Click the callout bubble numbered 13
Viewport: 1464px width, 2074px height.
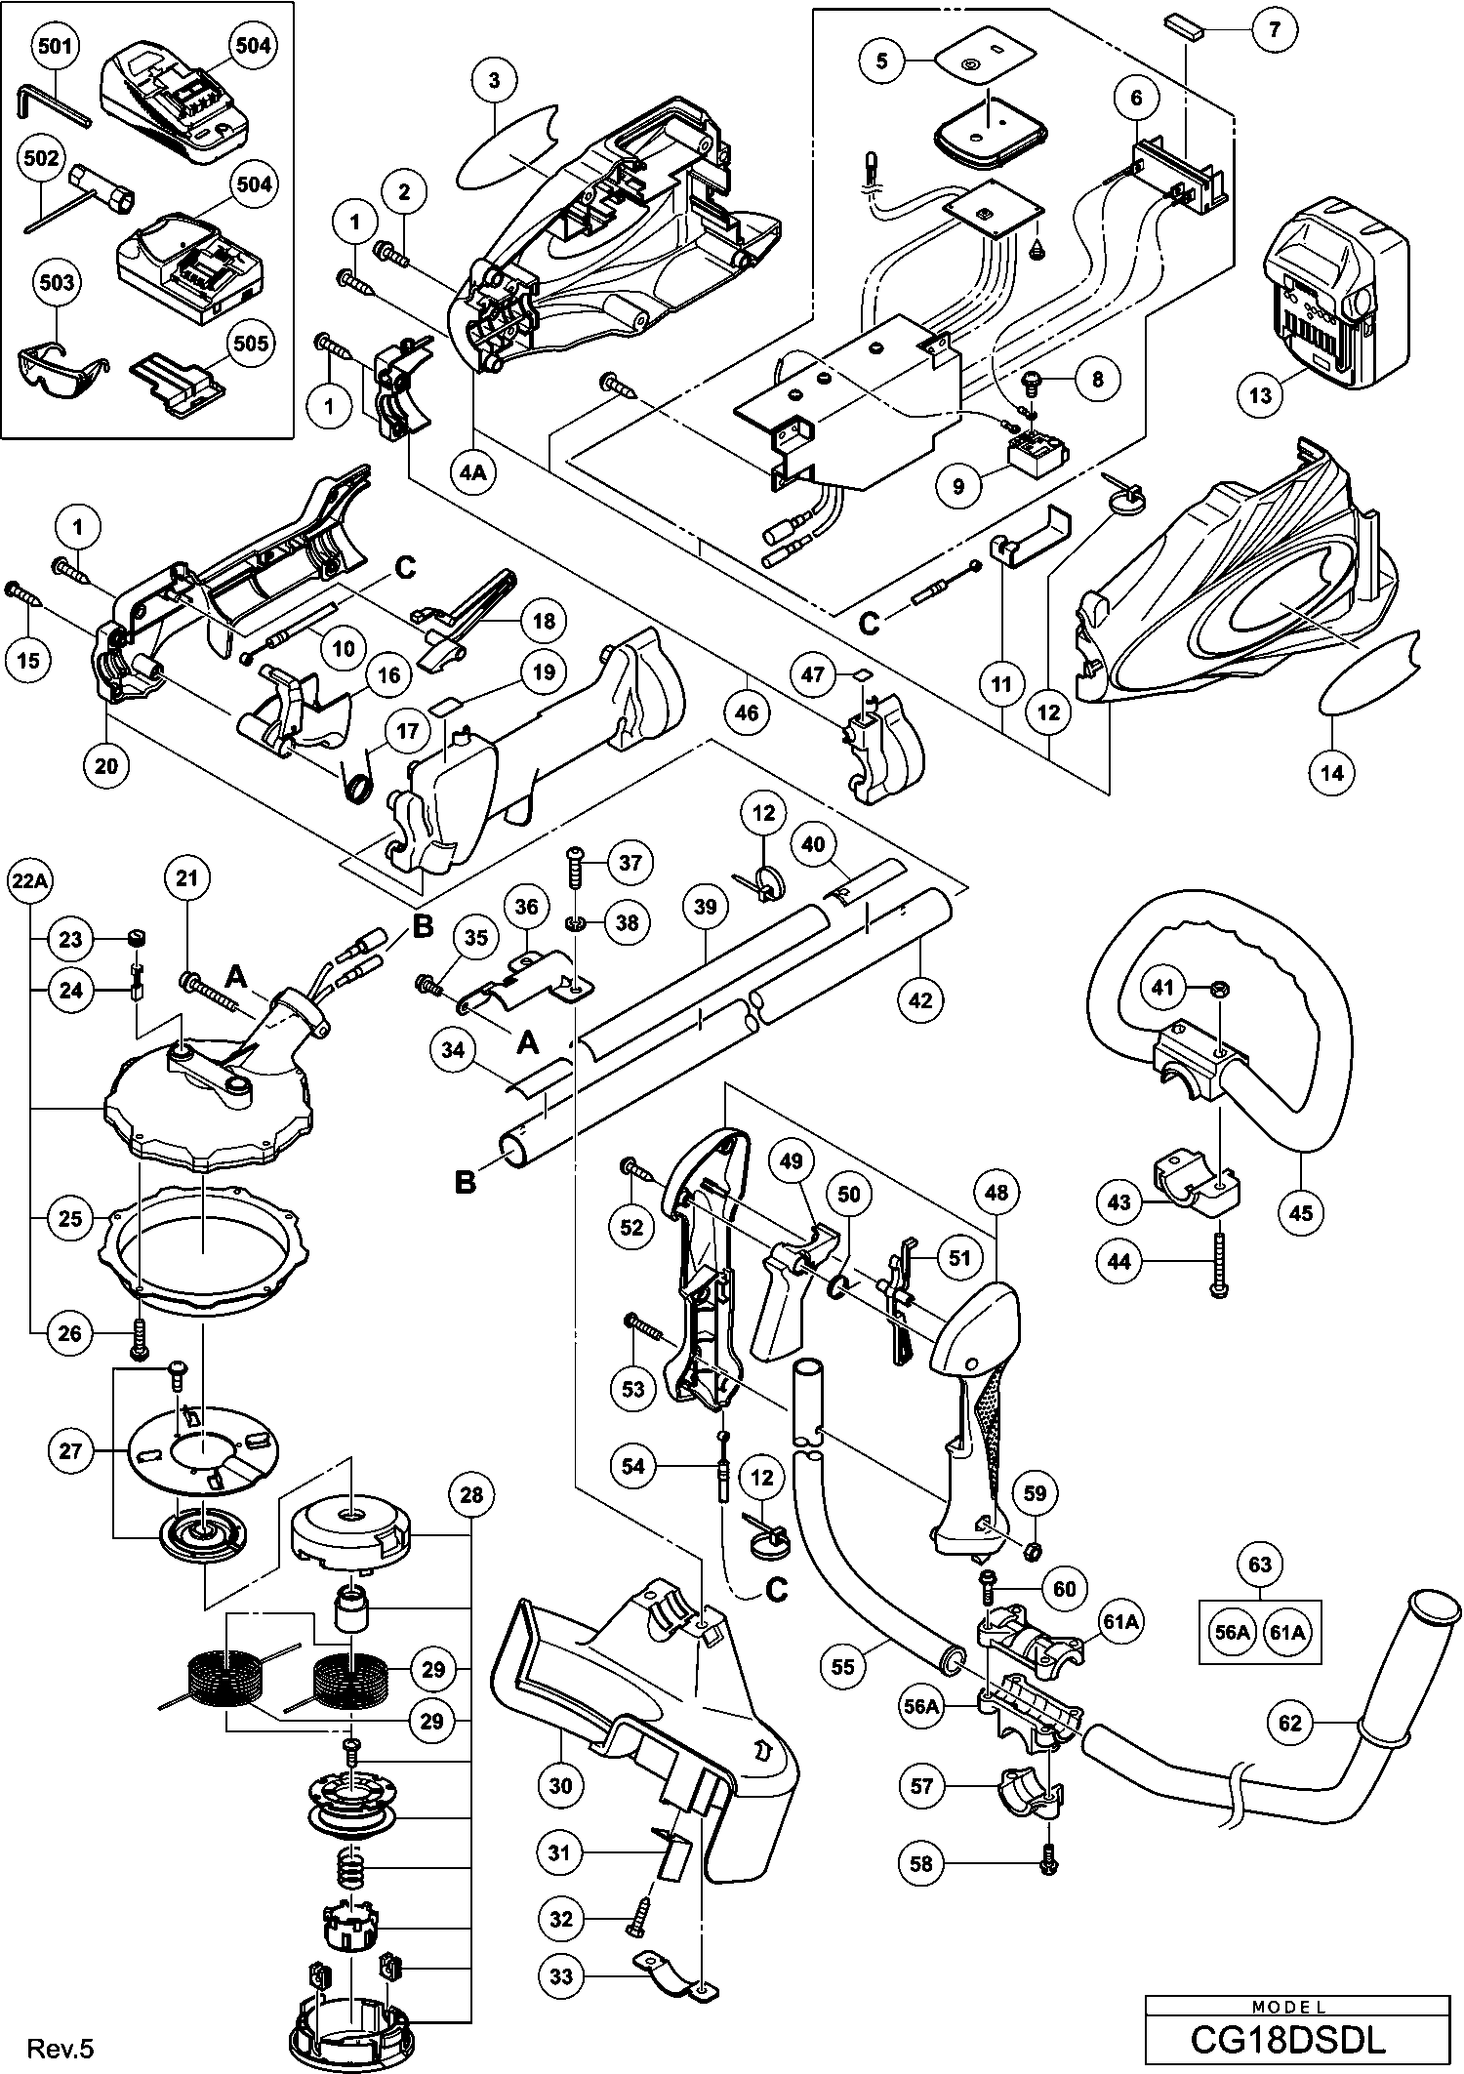pyautogui.click(x=1260, y=394)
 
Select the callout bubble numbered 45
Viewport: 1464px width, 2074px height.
pyautogui.click(x=1301, y=1212)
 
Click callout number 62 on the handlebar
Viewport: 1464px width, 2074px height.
pyautogui.click(x=1290, y=1723)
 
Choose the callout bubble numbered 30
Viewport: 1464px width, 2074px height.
pyautogui.click(x=561, y=1785)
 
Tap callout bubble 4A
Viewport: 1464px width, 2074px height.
pyautogui.click(x=472, y=472)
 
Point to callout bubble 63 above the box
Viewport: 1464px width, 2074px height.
pyautogui.click(x=1260, y=1565)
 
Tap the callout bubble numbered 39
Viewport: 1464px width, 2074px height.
pyautogui.click(x=705, y=907)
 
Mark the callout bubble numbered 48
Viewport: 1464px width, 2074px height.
pyautogui.click(x=996, y=1192)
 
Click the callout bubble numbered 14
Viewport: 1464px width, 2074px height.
pyautogui.click(x=1332, y=773)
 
